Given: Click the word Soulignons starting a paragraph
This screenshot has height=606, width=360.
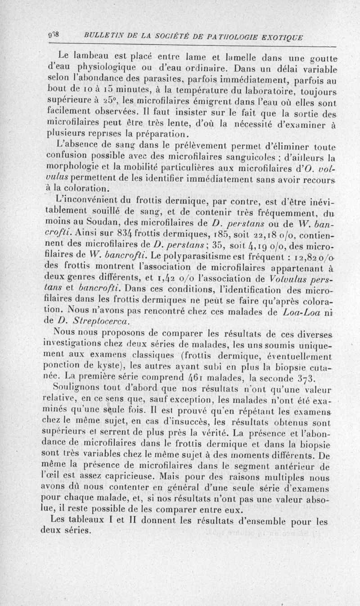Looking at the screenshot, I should click(74, 386).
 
